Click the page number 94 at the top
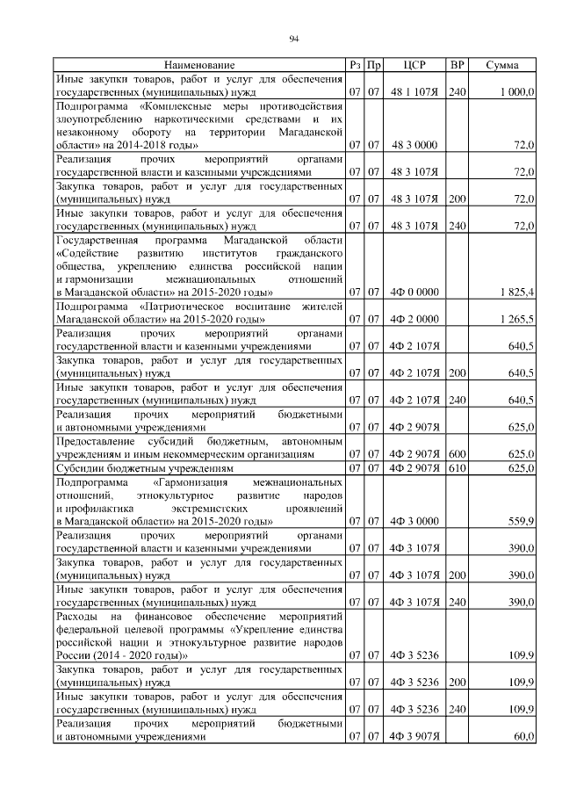(294, 37)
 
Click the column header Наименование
(199, 66)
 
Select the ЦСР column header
(414, 66)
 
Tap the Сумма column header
(502, 66)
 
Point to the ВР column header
(457, 66)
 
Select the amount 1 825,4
(516, 291)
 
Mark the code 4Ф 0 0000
(414, 291)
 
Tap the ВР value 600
(457, 454)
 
